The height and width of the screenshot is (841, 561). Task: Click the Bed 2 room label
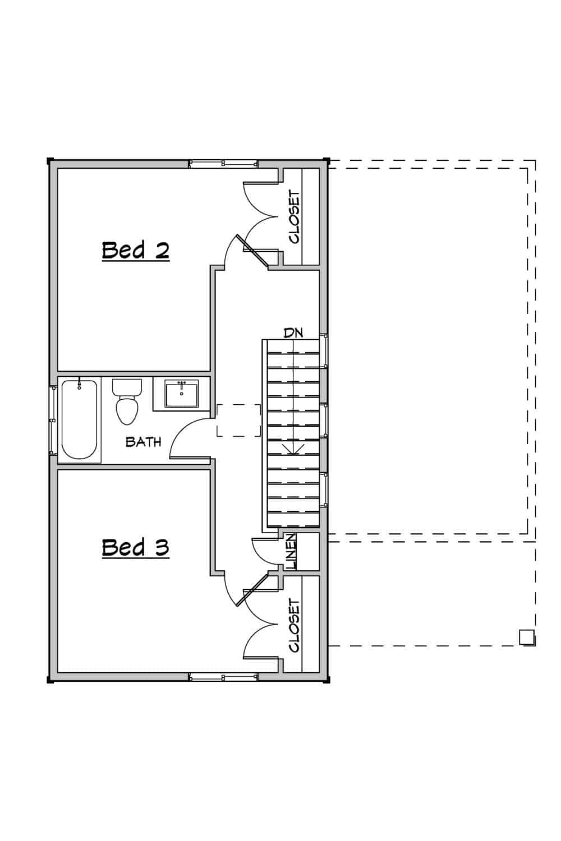(135, 250)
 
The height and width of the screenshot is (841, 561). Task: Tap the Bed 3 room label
(135, 547)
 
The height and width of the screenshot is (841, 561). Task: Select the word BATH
(143, 442)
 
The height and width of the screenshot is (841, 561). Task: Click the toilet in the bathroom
(127, 401)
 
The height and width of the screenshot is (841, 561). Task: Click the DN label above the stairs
(293, 332)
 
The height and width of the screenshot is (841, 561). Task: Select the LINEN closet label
(291, 552)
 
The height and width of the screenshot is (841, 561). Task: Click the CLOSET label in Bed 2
(295, 218)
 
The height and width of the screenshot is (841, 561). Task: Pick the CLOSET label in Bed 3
(295, 625)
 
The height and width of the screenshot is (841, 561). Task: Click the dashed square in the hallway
(239, 420)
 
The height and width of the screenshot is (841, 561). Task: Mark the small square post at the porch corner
(526, 637)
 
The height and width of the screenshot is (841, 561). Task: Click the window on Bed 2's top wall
(223, 164)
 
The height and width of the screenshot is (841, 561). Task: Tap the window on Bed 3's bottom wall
(223, 677)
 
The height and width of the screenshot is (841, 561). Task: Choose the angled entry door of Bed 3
(251, 590)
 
